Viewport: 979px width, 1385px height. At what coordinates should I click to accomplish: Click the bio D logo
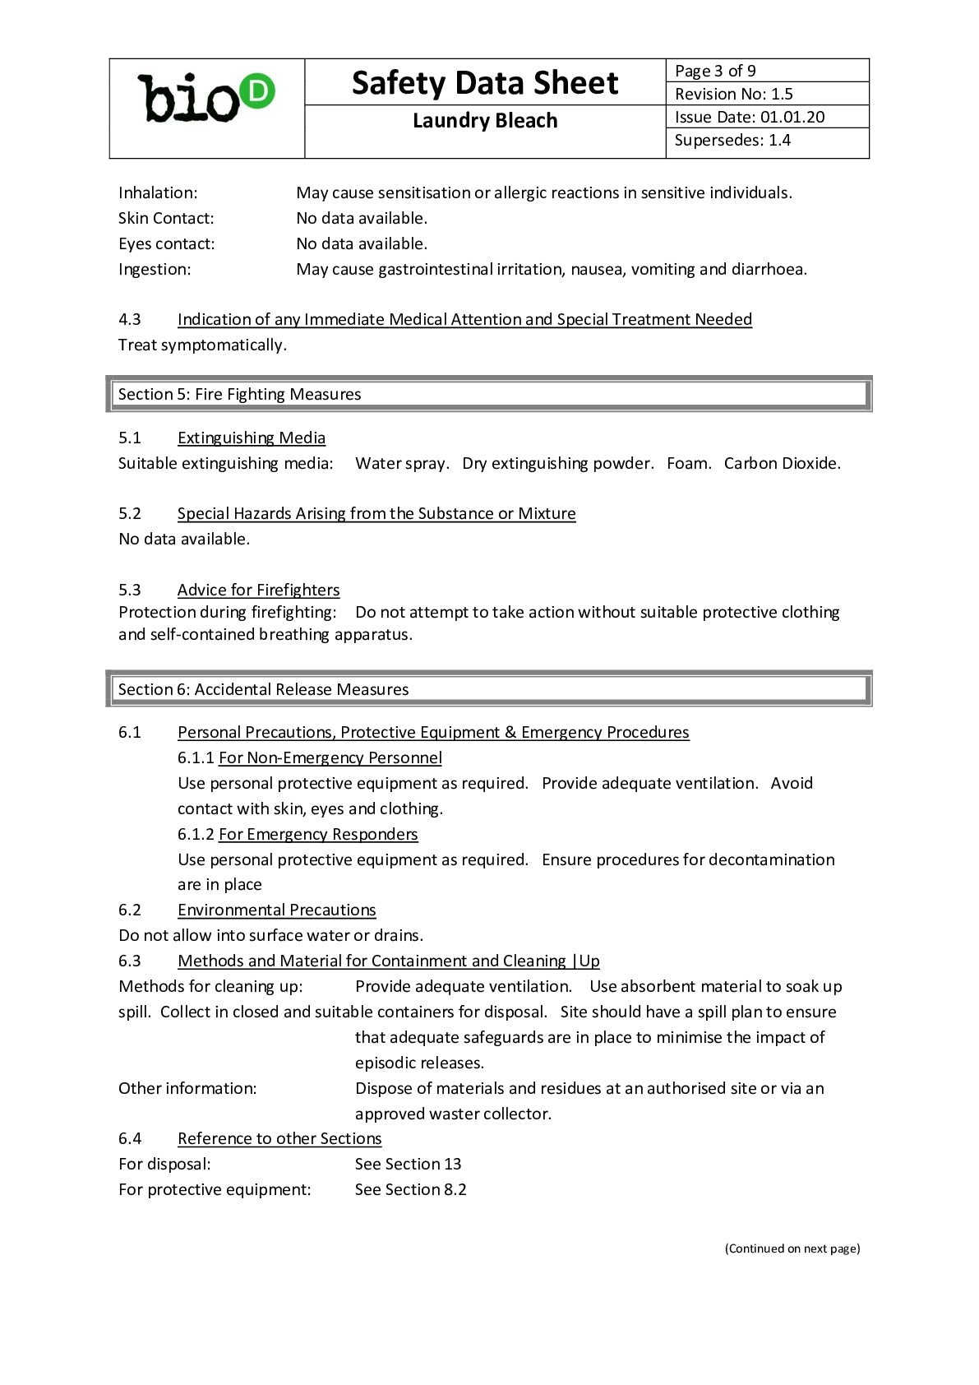click(x=206, y=100)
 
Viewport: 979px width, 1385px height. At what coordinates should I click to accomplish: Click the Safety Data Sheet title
click(x=484, y=83)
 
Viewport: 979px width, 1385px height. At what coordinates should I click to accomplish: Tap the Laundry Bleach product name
click(x=484, y=121)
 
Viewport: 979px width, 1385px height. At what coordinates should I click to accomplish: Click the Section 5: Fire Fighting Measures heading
click(x=239, y=394)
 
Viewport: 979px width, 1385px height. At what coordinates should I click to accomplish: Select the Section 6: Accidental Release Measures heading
click(x=263, y=689)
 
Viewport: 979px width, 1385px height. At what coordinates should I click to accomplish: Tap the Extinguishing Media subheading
click(x=251, y=438)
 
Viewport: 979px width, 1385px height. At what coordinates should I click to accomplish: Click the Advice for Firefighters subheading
click(x=258, y=590)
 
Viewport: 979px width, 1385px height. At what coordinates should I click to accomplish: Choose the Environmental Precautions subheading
click(x=276, y=910)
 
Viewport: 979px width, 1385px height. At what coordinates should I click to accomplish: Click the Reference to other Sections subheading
click(x=279, y=1138)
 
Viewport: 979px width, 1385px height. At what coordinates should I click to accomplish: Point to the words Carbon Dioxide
click(x=782, y=463)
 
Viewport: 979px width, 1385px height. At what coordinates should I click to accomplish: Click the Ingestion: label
click(x=155, y=269)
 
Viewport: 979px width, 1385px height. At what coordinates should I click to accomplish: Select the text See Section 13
click(x=408, y=1164)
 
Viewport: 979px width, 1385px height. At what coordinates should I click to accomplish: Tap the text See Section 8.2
click(x=410, y=1189)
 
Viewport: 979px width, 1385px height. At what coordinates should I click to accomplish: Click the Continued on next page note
click(x=792, y=1248)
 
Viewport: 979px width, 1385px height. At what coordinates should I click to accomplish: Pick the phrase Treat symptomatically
click(x=202, y=345)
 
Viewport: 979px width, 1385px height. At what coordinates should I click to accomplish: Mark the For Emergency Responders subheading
click(x=318, y=834)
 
